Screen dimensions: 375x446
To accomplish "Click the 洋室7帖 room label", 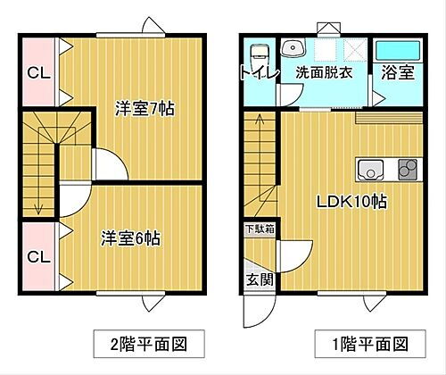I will pyautogui.click(x=144, y=109).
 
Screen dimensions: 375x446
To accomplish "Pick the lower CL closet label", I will pyautogui.click(x=37, y=257).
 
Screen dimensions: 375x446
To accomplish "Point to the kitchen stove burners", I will pyautogui.click(x=407, y=168).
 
